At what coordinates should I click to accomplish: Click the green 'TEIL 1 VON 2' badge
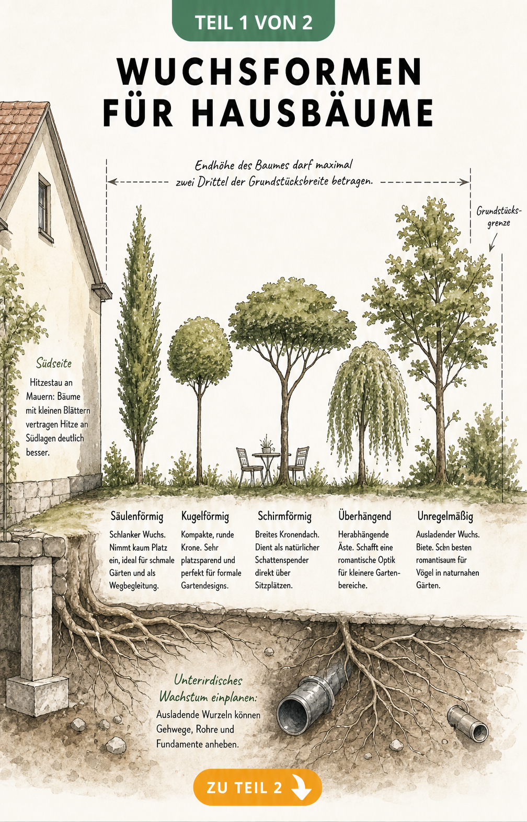[x=253, y=21]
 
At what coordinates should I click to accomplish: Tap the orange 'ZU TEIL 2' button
[x=258, y=787]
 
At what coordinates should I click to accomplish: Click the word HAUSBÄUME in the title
[x=312, y=112]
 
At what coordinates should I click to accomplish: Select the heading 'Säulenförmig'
[x=137, y=516]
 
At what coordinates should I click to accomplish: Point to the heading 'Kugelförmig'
[x=205, y=516]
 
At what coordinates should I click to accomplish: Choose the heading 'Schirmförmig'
[x=284, y=516]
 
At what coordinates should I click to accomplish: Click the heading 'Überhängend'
[x=364, y=516]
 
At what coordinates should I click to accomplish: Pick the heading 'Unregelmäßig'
[x=445, y=516]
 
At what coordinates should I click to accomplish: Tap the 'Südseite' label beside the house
[x=53, y=363]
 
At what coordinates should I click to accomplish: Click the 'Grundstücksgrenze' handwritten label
[x=499, y=217]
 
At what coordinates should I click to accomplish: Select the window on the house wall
[x=45, y=208]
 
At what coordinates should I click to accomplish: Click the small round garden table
[x=267, y=466]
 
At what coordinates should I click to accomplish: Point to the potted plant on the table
[x=266, y=444]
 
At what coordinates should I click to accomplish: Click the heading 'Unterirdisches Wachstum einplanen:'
[x=208, y=689]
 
